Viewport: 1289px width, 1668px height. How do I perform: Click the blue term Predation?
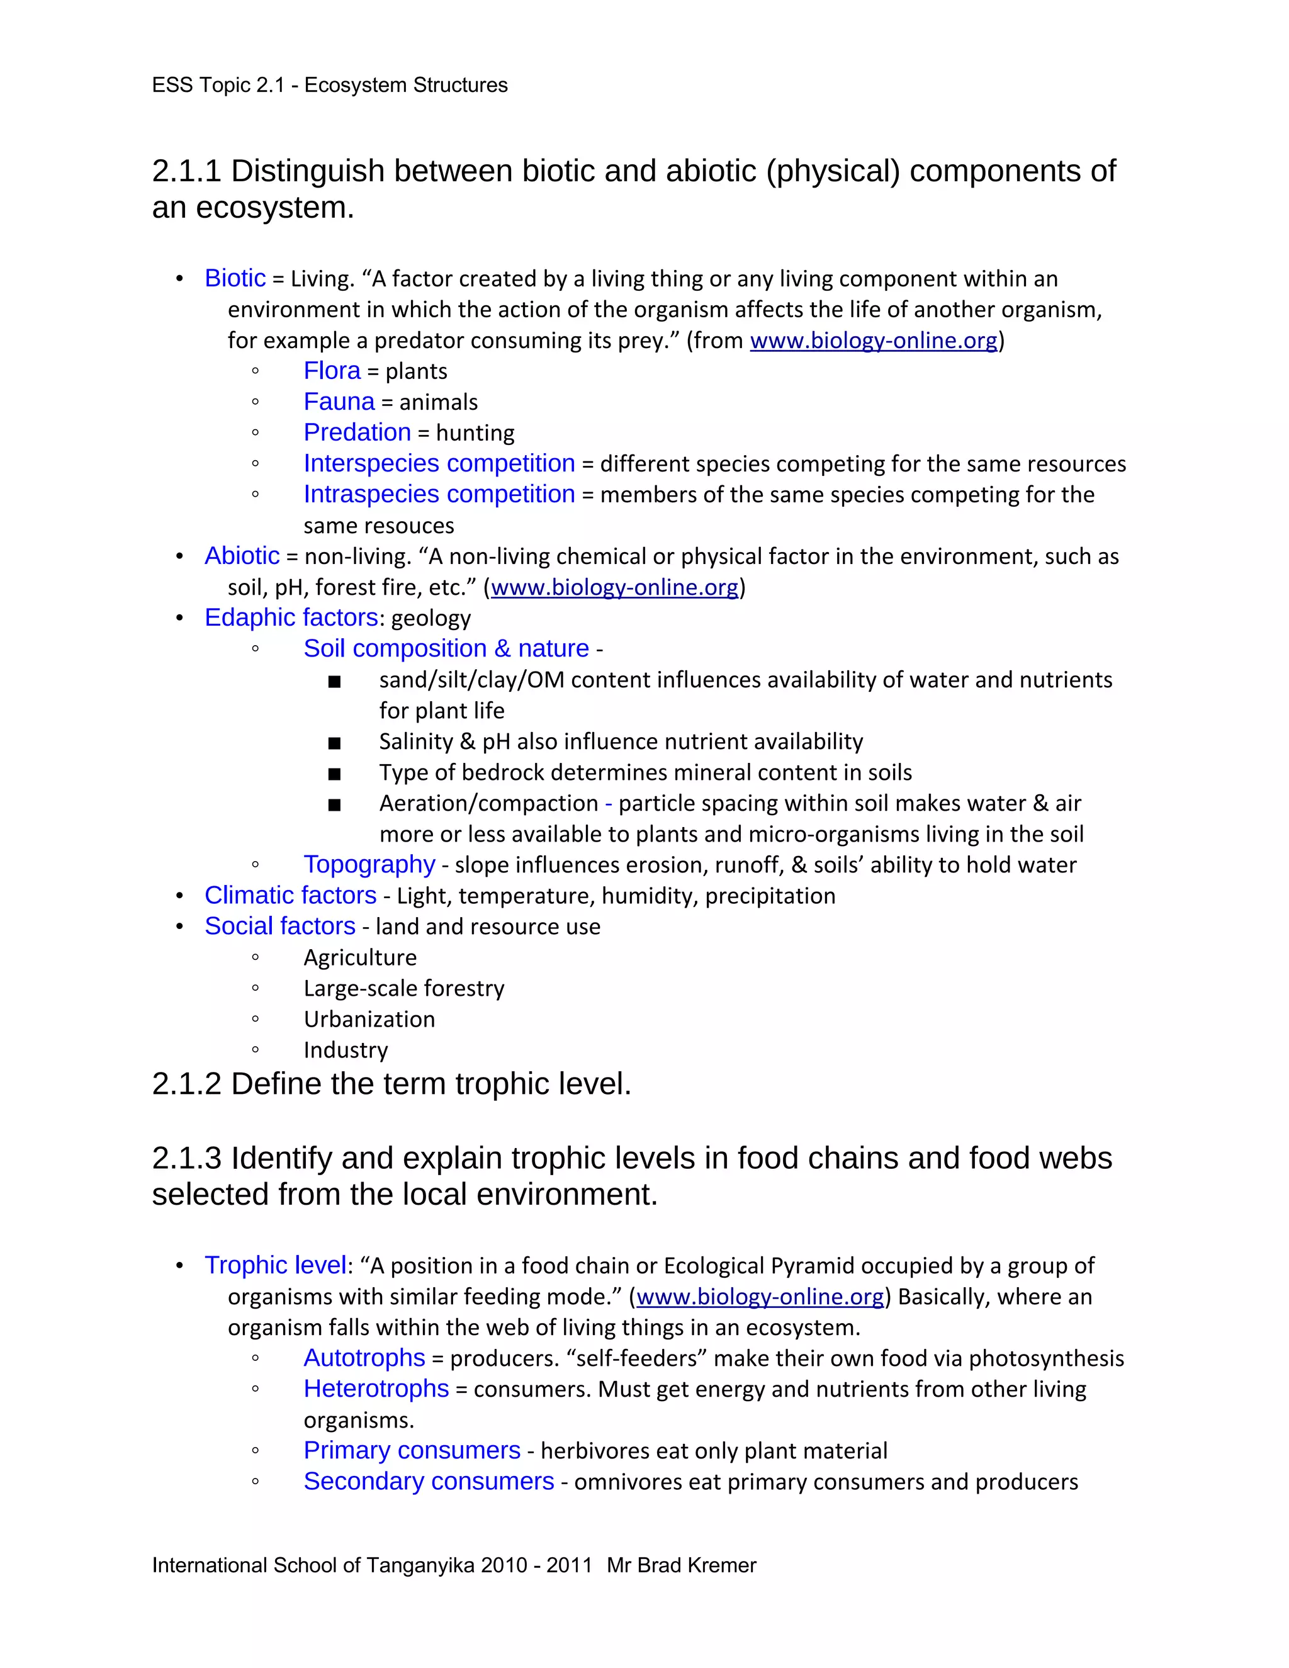357,432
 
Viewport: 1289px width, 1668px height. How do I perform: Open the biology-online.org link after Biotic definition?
873,341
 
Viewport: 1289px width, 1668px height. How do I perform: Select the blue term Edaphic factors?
291,617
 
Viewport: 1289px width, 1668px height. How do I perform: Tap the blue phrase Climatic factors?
290,895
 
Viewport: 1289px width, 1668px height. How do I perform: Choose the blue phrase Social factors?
279,926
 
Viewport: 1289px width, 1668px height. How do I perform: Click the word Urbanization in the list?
369,1019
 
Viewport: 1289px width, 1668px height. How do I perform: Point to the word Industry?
345,1050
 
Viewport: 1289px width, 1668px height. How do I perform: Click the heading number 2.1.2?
186,1084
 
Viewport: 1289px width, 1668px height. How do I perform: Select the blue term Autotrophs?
364,1358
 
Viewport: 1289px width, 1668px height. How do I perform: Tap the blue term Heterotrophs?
376,1389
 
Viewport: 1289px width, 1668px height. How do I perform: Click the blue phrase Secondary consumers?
429,1481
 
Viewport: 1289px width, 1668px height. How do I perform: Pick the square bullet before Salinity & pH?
334,742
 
